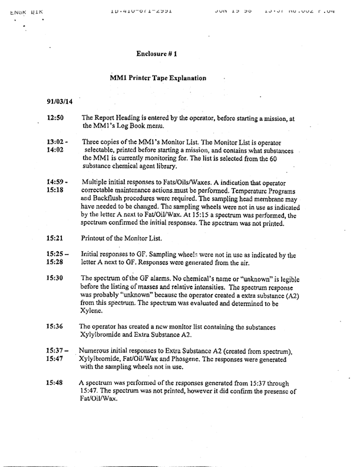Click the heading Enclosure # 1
coord(157,54)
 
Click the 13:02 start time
coord(57,142)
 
